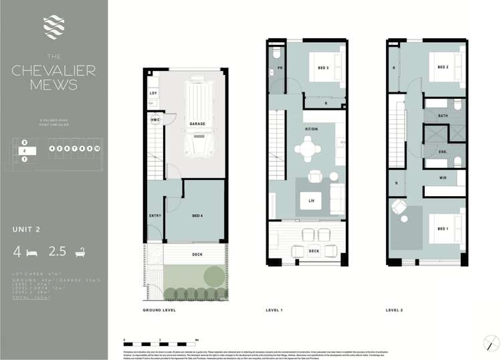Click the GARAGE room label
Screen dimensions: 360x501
[x=197, y=124]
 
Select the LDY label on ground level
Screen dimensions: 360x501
[x=153, y=93]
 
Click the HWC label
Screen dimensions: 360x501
[x=155, y=120]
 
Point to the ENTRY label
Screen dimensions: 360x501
[x=155, y=215]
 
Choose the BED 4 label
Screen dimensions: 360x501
[x=198, y=215]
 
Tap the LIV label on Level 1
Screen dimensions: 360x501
[x=310, y=200]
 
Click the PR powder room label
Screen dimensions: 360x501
[x=281, y=68]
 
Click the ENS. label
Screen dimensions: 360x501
[x=442, y=152]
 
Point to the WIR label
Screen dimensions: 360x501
[x=442, y=177]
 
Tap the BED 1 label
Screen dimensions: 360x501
[x=442, y=229]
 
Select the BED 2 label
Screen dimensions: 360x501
[x=442, y=67]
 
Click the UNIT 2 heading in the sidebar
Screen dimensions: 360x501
[x=27, y=230]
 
